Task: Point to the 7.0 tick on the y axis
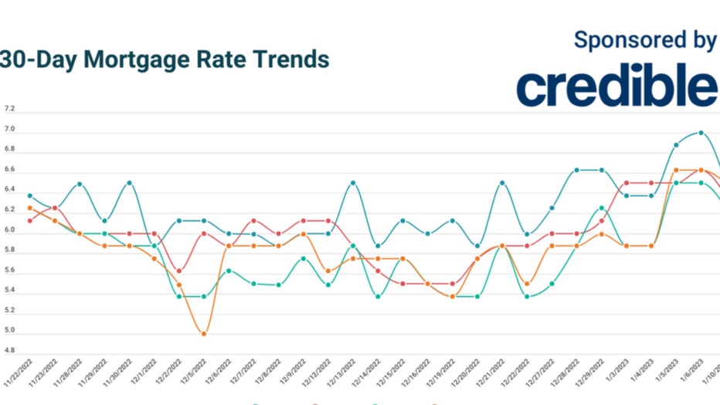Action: coord(9,129)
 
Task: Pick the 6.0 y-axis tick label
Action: coord(9,230)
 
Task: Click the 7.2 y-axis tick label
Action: coord(9,109)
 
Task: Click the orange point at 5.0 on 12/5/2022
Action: coord(204,334)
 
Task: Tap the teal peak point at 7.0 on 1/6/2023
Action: coord(701,132)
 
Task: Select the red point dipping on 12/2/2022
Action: coord(179,271)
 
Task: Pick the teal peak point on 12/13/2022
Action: coord(353,183)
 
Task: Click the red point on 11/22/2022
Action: coord(29,220)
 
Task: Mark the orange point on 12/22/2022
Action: coord(527,284)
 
